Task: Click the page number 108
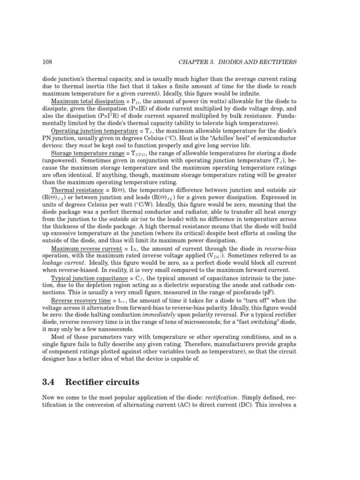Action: (47, 62)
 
